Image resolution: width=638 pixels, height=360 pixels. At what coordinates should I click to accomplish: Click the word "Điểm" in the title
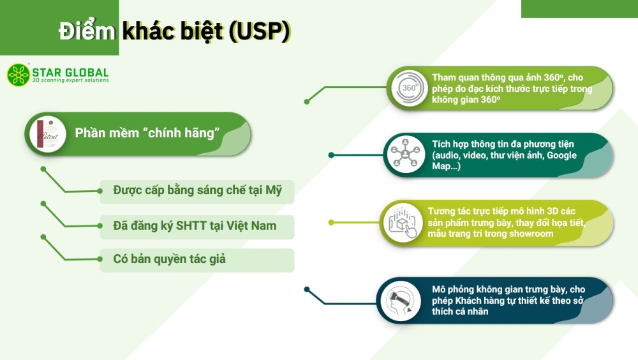[x=87, y=30]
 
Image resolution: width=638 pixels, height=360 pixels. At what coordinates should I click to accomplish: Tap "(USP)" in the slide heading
[x=260, y=31]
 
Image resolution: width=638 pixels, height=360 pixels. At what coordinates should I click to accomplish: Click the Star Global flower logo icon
[x=19, y=75]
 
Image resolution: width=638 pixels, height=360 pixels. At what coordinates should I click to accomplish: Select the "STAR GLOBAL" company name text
[x=70, y=73]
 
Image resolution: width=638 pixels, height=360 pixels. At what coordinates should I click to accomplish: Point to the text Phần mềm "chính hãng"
[x=147, y=133]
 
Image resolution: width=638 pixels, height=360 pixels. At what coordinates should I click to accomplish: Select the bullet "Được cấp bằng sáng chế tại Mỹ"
[x=197, y=190]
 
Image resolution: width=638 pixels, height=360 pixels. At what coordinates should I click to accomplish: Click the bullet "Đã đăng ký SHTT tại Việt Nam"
[x=195, y=225]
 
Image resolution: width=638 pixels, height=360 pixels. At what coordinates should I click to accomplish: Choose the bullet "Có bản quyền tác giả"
[x=169, y=259]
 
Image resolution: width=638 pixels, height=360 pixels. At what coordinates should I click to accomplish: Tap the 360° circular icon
[x=410, y=88]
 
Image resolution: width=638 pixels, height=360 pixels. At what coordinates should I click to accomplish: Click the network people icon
[x=405, y=154]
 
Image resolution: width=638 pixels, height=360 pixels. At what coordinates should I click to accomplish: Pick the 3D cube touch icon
[x=403, y=222]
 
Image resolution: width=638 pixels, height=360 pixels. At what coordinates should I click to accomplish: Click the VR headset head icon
[x=401, y=301]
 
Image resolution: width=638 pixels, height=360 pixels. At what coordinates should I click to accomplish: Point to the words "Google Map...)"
[x=504, y=160]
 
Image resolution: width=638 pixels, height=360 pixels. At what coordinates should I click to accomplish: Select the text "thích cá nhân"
[x=460, y=311]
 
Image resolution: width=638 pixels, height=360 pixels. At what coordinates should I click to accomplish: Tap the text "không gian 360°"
[x=466, y=100]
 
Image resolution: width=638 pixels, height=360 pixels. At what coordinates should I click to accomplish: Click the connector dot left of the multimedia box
[x=331, y=155]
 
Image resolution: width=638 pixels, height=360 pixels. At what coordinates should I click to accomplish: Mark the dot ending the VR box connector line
[x=307, y=290]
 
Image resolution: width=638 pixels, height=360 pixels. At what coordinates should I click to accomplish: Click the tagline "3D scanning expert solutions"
[x=70, y=80]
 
